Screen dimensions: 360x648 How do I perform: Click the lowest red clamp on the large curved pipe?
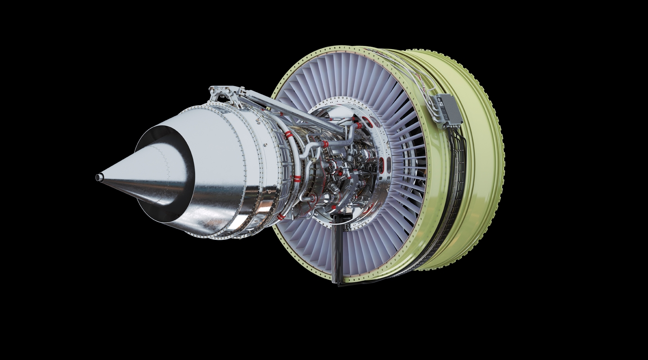coord(281,216)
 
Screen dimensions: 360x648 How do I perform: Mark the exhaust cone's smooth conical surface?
coord(135,171)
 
